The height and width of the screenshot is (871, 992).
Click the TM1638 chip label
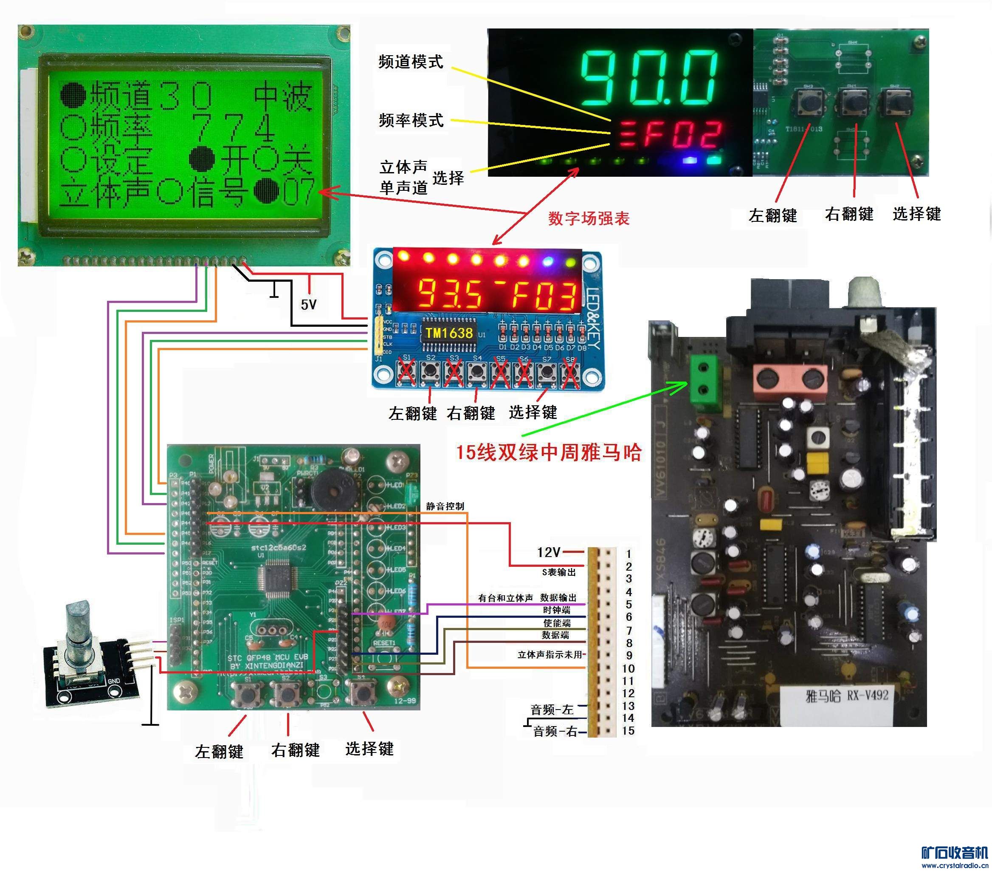(x=449, y=333)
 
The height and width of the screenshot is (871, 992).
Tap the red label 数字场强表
(x=589, y=218)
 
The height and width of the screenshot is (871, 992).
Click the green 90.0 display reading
(x=649, y=78)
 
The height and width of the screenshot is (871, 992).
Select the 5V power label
(x=308, y=305)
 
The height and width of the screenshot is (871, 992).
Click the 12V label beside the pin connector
(x=548, y=552)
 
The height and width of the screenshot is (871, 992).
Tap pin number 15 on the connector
(x=628, y=731)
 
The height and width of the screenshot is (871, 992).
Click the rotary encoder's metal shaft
(x=77, y=626)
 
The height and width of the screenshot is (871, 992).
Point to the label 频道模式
(x=411, y=62)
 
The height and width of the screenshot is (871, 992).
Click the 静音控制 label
(x=445, y=506)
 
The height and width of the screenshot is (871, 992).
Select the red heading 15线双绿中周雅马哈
(x=548, y=452)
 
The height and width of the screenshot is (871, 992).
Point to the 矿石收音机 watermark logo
(x=955, y=853)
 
